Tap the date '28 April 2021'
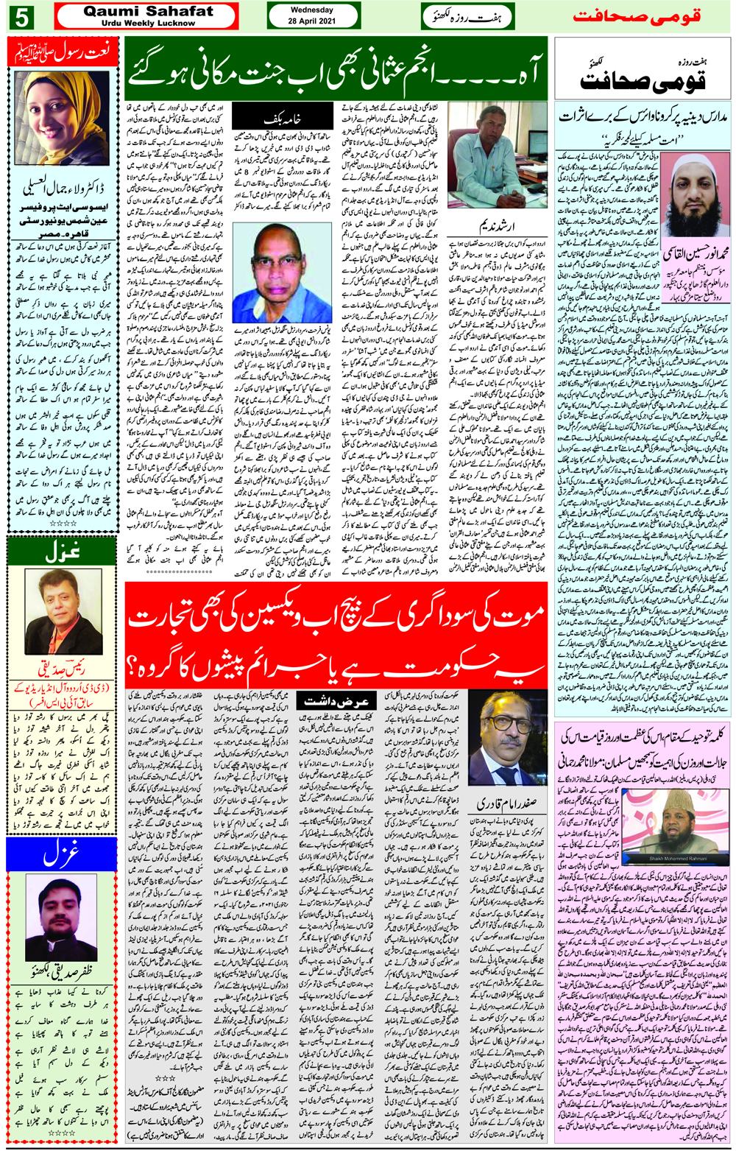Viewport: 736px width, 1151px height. (x=312, y=21)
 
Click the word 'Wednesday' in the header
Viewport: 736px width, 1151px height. (x=312, y=10)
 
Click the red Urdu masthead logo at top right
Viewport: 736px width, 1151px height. (x=637, y=16)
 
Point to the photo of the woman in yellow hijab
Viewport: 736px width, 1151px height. (x=63, y=118)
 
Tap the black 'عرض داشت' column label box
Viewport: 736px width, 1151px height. (x=337, y=701)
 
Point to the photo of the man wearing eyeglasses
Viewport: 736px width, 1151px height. (x=506, y=747)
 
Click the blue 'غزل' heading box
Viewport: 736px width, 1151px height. (x=62, y=854)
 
